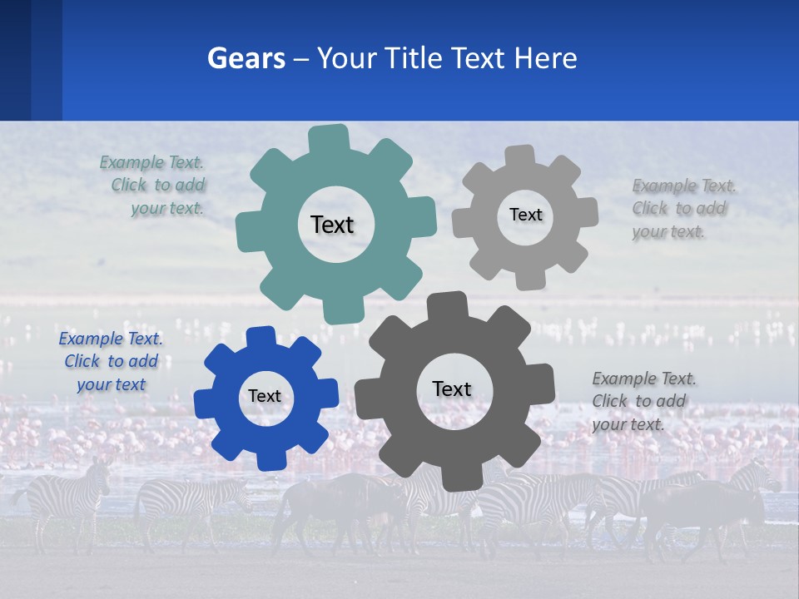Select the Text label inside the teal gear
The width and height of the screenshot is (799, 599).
pos(332,225)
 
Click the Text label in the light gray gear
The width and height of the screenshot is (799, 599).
pos(525,215)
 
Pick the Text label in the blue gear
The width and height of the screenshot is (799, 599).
pos(265,396)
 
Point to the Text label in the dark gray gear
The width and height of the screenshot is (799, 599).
pos(452,389)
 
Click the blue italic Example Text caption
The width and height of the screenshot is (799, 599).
pos(111,361)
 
